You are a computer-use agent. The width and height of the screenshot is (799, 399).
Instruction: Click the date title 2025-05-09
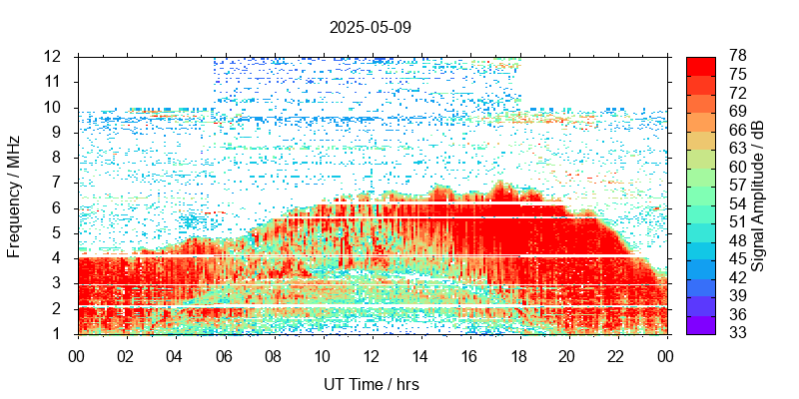tap(370, 27)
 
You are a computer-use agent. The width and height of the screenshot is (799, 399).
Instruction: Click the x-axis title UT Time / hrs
tap(372, 384)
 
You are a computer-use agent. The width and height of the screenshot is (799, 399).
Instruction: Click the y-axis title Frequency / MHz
tap(15, 195)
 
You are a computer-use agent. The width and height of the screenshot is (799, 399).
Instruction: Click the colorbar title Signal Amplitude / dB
tap(758, 196)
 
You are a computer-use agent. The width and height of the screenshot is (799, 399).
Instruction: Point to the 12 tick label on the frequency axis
tap(55, 56)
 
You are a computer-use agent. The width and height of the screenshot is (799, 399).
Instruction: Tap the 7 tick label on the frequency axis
tap(59, 183)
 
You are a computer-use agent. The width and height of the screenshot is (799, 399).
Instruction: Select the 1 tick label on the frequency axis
tap(59, 334)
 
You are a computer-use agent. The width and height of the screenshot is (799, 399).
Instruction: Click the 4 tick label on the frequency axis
tap(59, 258)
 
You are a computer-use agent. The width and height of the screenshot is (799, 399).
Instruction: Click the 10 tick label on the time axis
tap(323, 354)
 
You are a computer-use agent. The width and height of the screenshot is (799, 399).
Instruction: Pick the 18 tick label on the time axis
tap(519, 354)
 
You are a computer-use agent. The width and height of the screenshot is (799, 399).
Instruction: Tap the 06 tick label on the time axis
tap(225, 354)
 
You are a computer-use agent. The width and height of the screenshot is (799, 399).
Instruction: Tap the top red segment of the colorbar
tap(701, 65)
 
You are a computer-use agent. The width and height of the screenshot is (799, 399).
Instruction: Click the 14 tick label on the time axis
tap(421, 354)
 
